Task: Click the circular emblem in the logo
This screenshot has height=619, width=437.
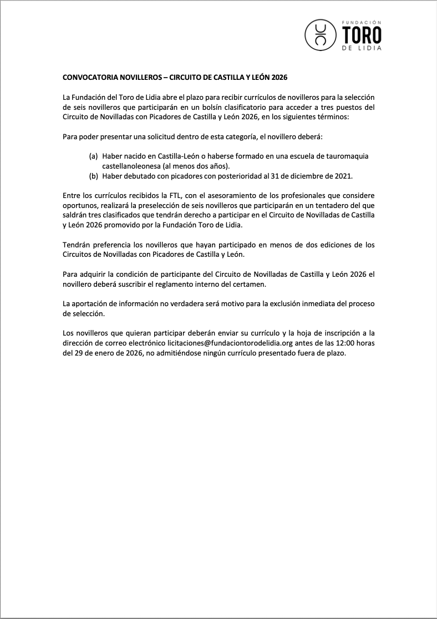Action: [320, 34]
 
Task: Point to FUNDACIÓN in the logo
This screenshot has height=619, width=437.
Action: [362, 22]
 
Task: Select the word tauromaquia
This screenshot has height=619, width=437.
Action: [347, 156]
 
